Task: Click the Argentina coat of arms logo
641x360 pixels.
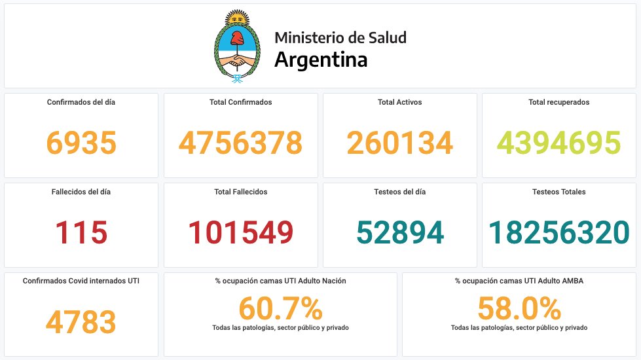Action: click(236, 47)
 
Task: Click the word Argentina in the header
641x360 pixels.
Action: click(320, 60)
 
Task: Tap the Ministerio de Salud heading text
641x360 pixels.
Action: click(340, 37)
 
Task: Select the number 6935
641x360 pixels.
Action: click(81, 143)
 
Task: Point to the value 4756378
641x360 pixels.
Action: click(240, 143)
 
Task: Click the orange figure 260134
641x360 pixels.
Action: click(399, 143)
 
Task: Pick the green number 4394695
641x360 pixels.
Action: click(559, 143)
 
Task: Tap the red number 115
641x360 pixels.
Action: click(81, 232)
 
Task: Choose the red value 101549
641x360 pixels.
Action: click(240, 232)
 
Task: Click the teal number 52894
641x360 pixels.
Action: click(399, 232)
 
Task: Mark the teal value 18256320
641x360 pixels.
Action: click(559, 232)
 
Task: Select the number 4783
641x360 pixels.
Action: click(81, 322)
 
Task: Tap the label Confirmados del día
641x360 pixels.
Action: click(81, 102)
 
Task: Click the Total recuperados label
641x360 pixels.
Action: click(559, 102)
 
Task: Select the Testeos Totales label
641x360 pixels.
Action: click(559, 192)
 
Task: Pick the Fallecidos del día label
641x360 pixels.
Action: click(81, 192)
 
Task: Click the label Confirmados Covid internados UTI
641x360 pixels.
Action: click(81, 281)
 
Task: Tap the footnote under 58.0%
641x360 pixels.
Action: click(519, 327)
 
